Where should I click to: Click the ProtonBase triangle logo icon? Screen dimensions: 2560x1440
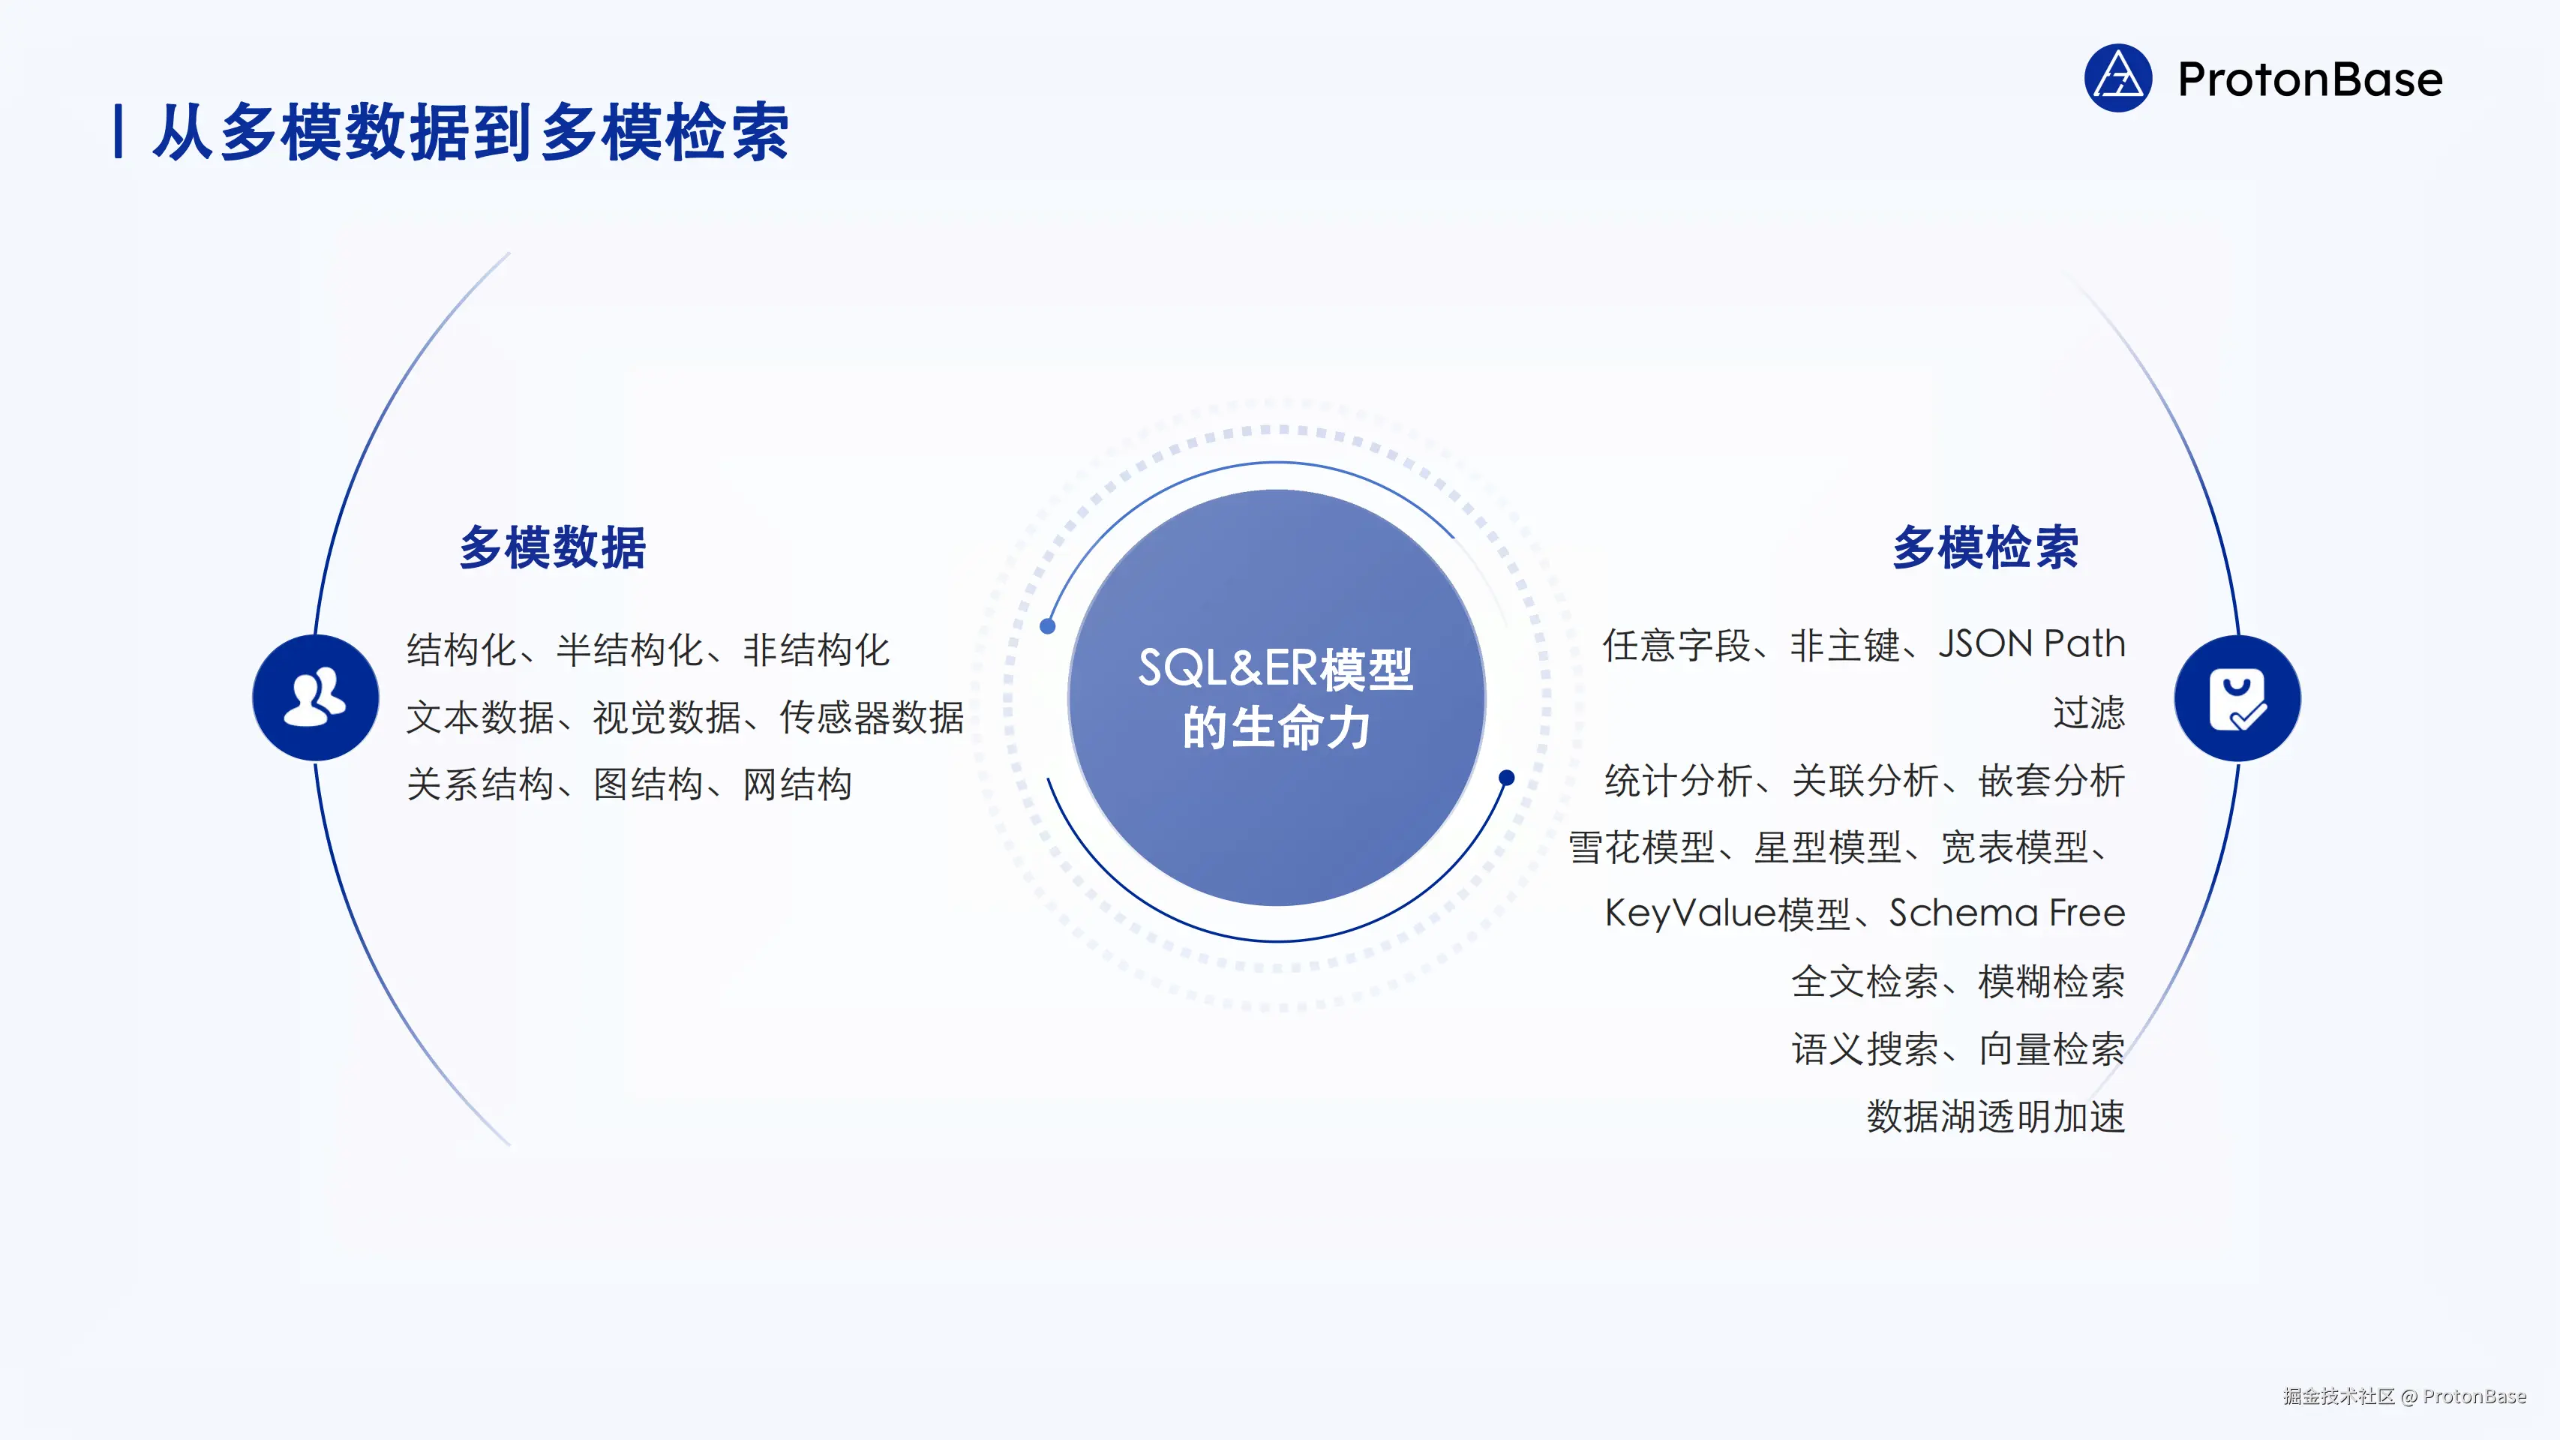coord(2117,79)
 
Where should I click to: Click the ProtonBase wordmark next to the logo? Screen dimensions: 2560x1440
coord(2309,79)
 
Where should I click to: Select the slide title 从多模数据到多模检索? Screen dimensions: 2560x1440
coord(470,132)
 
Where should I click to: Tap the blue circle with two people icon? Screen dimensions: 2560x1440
coord(315,697)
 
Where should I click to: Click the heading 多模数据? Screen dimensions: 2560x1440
coord(553,547)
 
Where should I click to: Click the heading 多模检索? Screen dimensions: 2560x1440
coord(1985,547)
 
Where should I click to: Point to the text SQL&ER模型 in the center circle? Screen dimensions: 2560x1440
coord(1275,669)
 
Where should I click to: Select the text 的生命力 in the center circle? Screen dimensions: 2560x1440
coord(1276,727)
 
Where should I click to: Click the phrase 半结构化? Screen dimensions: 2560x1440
coord(629,650)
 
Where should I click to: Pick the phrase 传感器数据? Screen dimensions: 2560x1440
coord(872,718)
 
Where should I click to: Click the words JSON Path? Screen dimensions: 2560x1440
coord(2031,644)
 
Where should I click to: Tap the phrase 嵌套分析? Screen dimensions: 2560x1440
coord(2051,781)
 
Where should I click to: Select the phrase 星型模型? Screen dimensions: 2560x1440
coord(1828,847)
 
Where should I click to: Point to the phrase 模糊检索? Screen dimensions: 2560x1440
coord(2051,982)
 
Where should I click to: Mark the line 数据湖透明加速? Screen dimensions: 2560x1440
coord(1995,1116)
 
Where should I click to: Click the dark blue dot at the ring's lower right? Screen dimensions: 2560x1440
coord(1507,778)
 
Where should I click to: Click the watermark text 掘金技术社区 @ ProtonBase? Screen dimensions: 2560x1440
coord(2404,1396)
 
